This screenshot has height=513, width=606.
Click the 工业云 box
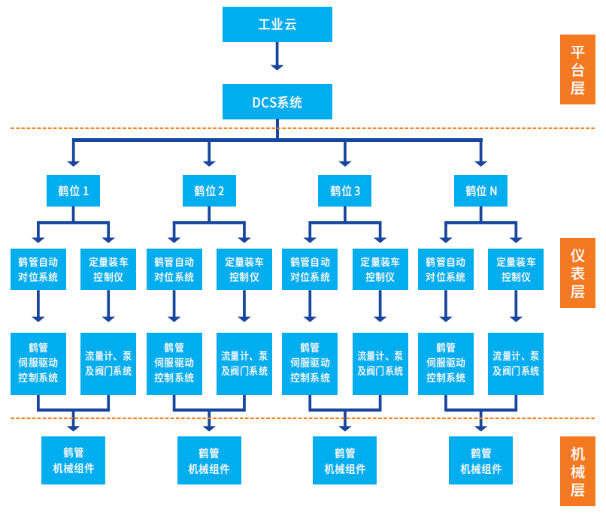click(277, 24)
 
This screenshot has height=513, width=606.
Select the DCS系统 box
click(277, 101)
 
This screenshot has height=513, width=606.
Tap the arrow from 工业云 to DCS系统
click(277, 56)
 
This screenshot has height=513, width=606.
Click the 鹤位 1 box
click(73, 191)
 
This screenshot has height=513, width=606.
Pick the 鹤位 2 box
click(209, 191)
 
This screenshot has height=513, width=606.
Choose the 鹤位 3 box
click(345, 191)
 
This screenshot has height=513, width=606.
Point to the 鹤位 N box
click(481, 191)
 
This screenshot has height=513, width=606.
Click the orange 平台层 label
click(577, 69)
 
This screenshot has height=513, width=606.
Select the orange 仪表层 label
click(577, 273)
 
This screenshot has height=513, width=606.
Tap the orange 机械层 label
click(577, 472)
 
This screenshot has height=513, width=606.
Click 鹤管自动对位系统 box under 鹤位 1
click(38, 269)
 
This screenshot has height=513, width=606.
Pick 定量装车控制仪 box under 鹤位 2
click(244, 269)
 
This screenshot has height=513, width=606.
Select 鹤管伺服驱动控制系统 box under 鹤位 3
click(310, 364)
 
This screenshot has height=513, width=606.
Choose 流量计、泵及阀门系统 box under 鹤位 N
click(516, 364)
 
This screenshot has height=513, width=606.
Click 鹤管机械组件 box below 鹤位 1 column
click(73, 460)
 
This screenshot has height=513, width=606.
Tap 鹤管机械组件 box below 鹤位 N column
click(481, 460)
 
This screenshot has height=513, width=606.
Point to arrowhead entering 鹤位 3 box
click(345, 161)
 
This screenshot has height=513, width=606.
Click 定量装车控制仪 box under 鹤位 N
click(516, 269)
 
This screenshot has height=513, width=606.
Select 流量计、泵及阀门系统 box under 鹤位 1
click(108, 364)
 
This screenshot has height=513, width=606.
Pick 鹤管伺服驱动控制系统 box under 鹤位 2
click(174, 364)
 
